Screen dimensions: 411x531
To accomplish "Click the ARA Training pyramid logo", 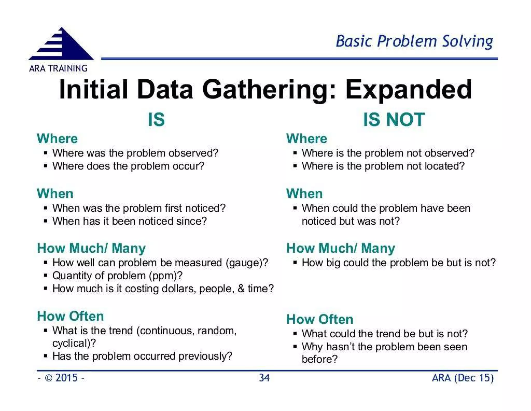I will [x=61, y=45].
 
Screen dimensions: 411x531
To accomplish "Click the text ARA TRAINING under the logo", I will [x=58, y=68].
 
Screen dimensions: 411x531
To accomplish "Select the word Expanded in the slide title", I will [x=409, y=90].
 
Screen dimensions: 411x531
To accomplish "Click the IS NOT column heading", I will [x=394, y=120].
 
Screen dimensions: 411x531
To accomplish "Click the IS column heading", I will [x=156, y=120].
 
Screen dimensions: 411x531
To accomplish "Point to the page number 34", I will [x=264, y=378].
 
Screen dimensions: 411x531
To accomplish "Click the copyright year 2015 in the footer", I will [x=66, y=378].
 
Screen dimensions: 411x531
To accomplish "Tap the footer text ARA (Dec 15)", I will [x=463, y=378].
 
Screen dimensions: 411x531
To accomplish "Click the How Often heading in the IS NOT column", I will [x=320, y=319].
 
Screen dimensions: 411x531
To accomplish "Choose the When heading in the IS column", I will [x=55, y=194].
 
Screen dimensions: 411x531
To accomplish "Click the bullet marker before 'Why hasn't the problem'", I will [x=295, y=347].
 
